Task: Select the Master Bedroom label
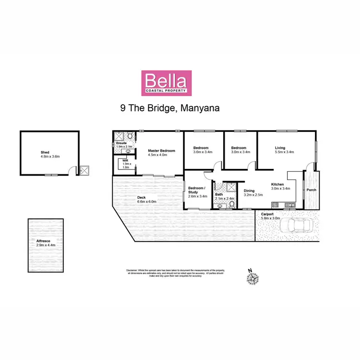pyautogui.click(x=161, y=151)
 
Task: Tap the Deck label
pyautogui.click(x=141, y=197)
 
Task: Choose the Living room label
pyautogui.click(x=281, y=148)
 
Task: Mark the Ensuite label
pyautogui.click(x=121, y=144)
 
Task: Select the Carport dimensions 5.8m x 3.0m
pyautogui.click(x=270, y=218)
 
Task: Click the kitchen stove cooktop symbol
pyautogui.click(x=289, y=206)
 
